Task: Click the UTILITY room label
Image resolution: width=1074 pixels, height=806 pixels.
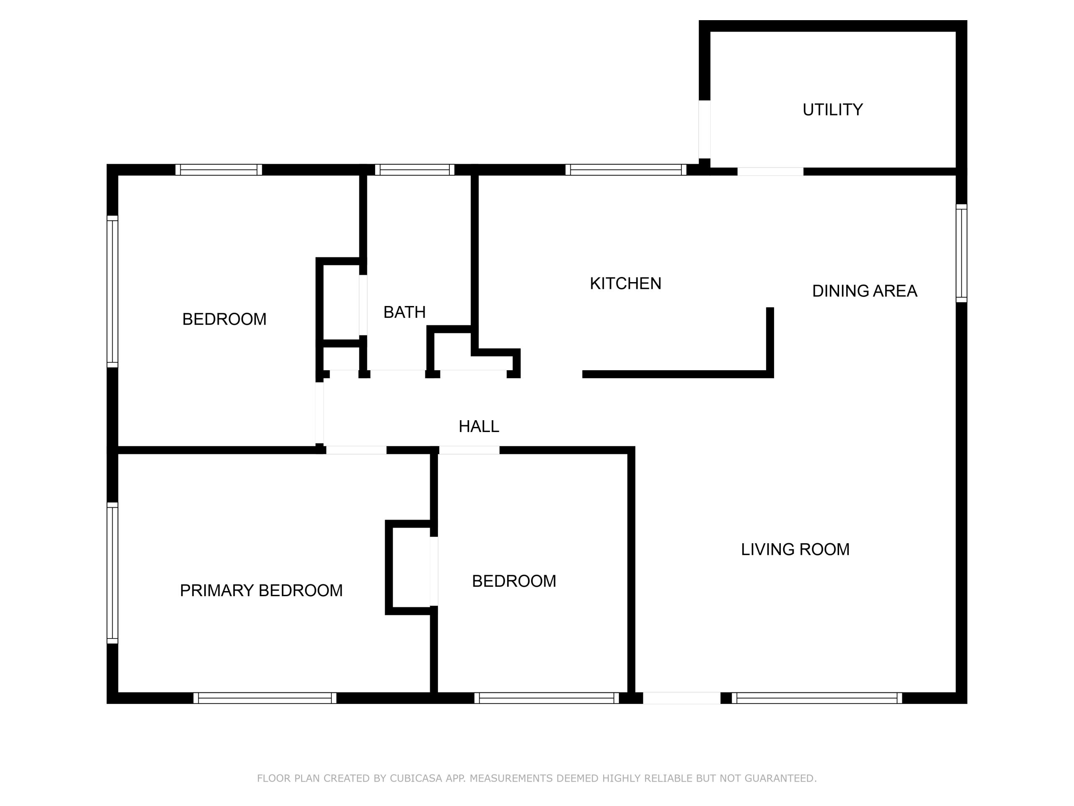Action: tap(832, 110)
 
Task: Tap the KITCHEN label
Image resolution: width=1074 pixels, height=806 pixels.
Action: tap(626, 284)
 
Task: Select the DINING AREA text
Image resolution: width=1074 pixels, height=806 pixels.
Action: tap(864, 291)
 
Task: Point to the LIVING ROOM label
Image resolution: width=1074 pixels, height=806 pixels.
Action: tap(795, 550)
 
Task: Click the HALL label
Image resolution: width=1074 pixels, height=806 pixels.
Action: tap(479, 427)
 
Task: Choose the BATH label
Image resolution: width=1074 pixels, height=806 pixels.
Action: tap(404, 312)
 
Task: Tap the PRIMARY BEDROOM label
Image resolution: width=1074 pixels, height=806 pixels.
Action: tap(261, 591)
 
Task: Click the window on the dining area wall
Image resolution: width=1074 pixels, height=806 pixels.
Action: tap(962, 253)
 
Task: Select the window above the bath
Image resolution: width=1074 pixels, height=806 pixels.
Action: tap(414, 170)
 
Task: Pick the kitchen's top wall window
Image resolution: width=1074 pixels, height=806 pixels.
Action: tap(626, 170)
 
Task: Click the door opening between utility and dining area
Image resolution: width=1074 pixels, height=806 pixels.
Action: tap(770, 172)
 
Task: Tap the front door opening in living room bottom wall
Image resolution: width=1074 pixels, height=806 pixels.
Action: tap(682, 698)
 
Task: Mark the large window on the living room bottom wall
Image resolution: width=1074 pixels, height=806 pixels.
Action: tap(817, 698)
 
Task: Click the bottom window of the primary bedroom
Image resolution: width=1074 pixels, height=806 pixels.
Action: tap(265, 698)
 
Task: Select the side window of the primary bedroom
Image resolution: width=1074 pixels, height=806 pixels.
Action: tap(112, 573)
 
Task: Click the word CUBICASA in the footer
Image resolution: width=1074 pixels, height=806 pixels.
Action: tap(416, 778)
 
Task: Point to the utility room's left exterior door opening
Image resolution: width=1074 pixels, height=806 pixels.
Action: tap(704, 129)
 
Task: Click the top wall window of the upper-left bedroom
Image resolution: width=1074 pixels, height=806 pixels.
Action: tap(219, 170)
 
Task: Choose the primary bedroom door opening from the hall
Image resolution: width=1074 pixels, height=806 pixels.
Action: tap(356, 450)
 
